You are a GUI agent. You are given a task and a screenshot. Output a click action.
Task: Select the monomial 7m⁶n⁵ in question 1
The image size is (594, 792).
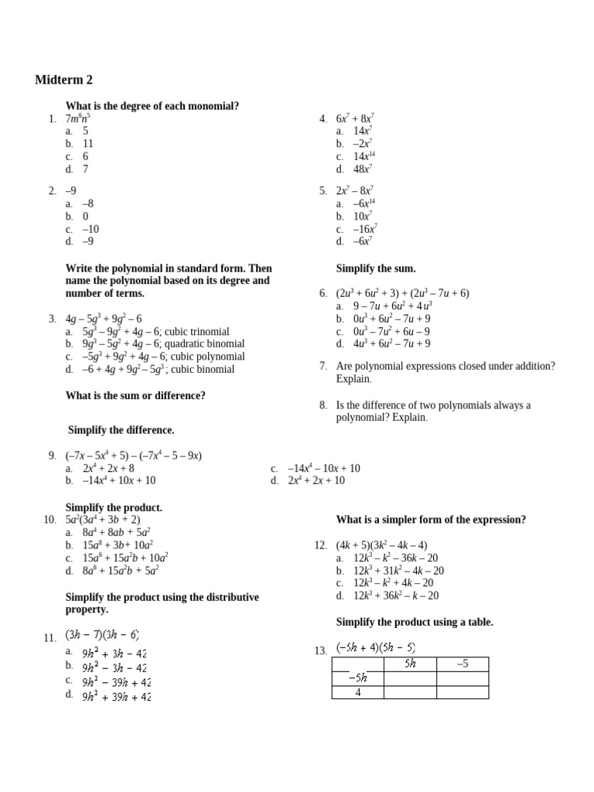tap(78, 118)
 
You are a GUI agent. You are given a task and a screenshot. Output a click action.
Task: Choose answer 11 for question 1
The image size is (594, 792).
tap(87, 144)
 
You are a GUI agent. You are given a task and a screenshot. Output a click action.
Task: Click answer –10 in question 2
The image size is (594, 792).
tap(90, 229)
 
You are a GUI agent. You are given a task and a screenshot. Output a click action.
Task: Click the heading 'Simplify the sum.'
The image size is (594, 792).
tap(375, 269)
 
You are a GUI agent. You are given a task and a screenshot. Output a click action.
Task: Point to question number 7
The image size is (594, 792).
tap(323, 366)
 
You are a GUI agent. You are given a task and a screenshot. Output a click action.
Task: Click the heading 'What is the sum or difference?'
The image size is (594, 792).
tap(135, 395)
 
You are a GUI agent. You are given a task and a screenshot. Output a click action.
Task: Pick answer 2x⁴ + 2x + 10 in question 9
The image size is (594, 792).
tap(316, 480)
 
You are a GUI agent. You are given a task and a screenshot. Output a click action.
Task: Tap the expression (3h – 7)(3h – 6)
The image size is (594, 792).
tap(101, 635)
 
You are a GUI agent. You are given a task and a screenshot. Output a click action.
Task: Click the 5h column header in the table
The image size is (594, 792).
tap(410, 664)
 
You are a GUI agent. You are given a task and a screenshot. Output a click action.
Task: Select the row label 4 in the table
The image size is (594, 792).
tap(358, 692)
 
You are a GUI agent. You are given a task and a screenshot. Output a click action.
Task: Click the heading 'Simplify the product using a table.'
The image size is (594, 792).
tap(414, 622)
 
